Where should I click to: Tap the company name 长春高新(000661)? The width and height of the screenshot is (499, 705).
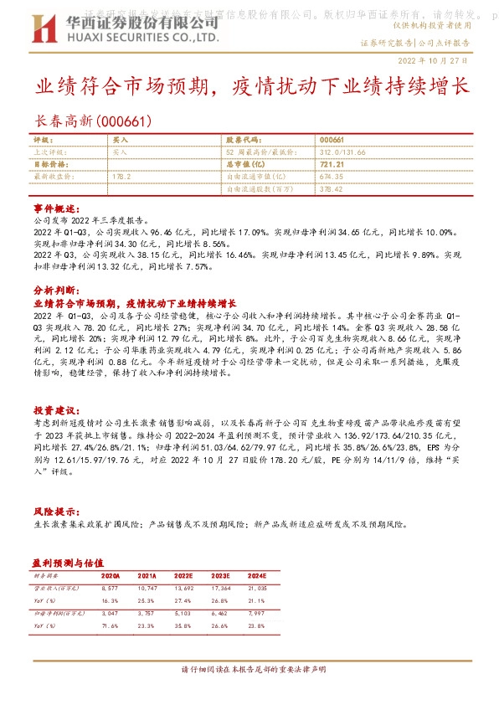click(93, 121)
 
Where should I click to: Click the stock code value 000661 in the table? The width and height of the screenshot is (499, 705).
click(332, 141)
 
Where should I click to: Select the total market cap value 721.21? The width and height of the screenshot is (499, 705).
click(332, 165)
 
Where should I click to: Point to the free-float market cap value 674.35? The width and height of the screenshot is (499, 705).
click(332, 178)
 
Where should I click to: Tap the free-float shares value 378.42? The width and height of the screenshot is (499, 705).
click(332, 189)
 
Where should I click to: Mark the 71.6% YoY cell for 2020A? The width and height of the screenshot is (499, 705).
click(110, 625)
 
